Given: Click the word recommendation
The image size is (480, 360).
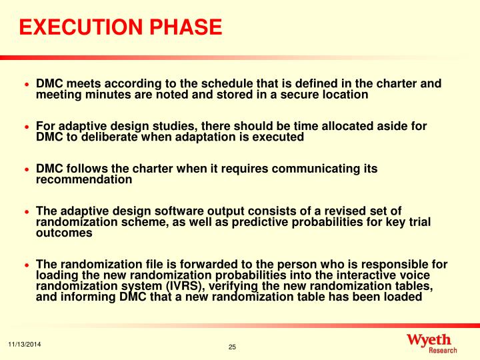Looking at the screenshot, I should click(84, 179).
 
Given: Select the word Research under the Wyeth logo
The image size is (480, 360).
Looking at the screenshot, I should click(443, 350).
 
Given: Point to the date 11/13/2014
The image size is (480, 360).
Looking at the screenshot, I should click(24, 343).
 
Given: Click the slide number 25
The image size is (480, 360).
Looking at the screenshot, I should click(233, 347).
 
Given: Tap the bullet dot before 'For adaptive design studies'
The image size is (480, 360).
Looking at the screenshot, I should click(27, 127).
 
